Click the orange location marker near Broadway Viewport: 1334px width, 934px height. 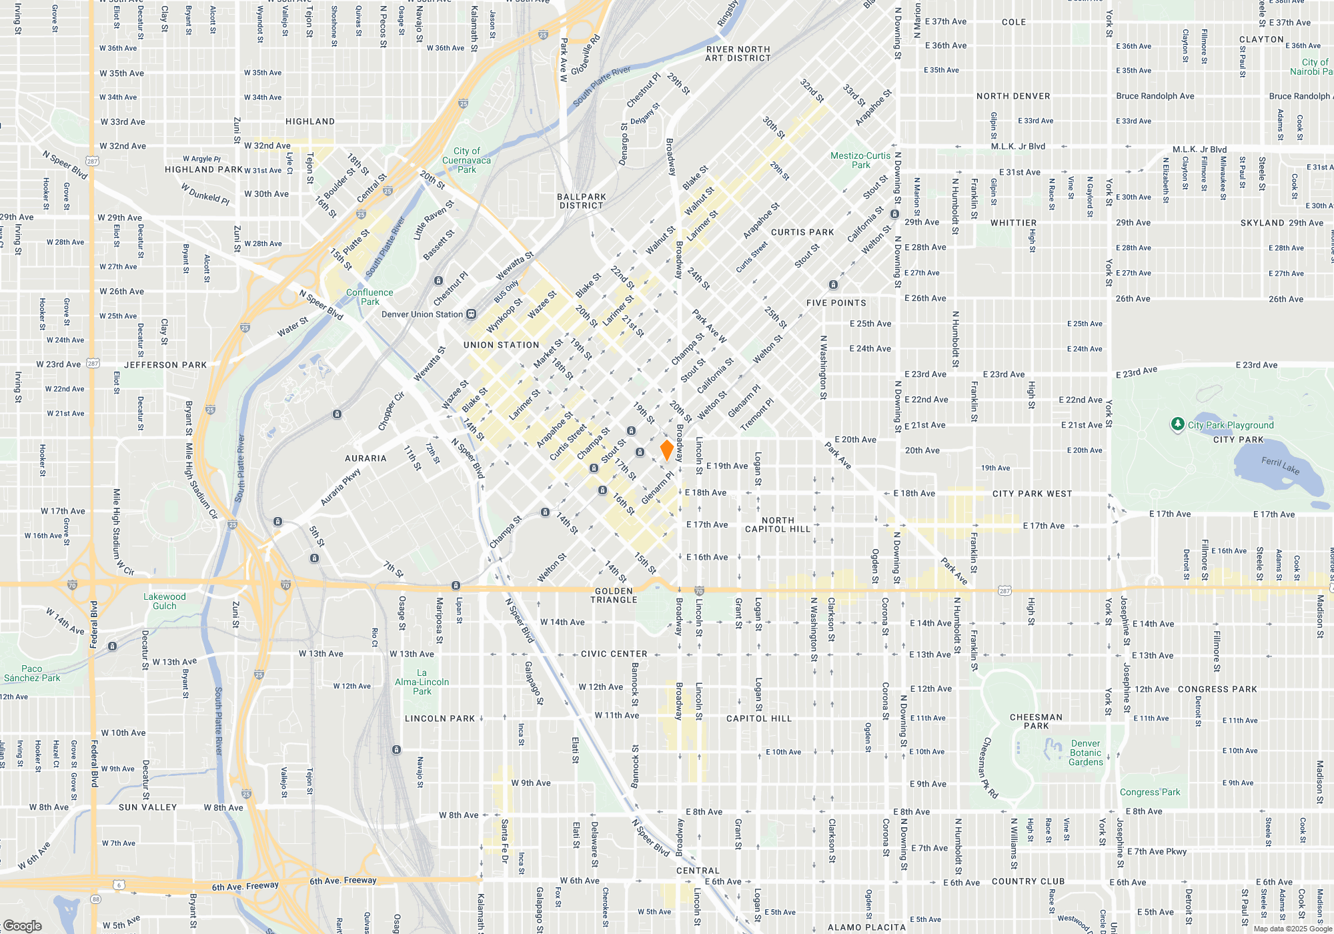[x=666, y=450]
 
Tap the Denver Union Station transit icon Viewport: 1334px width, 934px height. [x=472, y=314]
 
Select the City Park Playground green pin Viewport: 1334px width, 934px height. [x=1178, y=424]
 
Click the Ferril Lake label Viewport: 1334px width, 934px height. [x=1280, y=465]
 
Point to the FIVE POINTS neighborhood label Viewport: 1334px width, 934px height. [x=836, y=303]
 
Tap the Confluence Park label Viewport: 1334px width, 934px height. [x=370, y=297]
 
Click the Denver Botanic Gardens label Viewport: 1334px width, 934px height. [x=1086, y=753]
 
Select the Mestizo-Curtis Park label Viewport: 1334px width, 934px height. [x=860, y=160]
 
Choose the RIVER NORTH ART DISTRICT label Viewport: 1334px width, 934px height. [x=738, y=54]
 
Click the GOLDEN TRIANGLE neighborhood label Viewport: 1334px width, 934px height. [x=614, y=595]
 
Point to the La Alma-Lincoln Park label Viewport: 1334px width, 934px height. [x=422, y=682]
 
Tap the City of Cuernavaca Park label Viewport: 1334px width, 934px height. [x=466, y=160]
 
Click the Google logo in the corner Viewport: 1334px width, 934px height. [x=22, y=926]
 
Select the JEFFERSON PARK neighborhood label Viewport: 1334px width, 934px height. [x=165, y=365]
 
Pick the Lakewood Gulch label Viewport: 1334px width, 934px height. [x=165, y=601]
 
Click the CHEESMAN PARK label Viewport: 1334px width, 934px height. [x=1036, y=721]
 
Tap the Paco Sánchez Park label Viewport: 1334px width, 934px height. [x=32, y=673]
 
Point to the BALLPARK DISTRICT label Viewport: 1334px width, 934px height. [x=582, y=201]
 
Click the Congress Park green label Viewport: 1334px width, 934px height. [x=1150, y=792]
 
